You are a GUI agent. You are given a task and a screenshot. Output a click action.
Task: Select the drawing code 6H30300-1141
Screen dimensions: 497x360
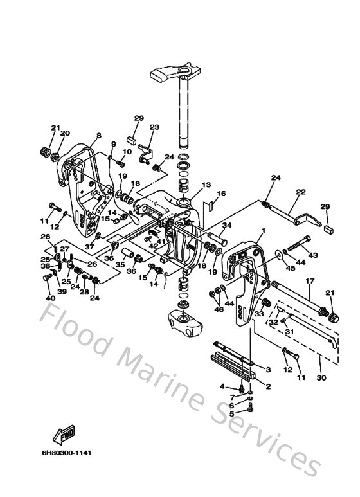point(64,453)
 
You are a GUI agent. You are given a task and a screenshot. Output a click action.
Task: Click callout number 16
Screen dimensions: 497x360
point(222,194)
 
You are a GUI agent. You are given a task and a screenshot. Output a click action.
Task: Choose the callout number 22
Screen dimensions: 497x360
point(300,192)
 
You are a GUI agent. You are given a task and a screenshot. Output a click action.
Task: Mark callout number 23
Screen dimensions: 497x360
point(154,127)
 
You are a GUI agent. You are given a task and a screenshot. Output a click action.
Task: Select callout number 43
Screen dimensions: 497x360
point(313,255)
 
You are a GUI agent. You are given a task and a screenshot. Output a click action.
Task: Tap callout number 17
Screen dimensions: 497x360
point(309,281)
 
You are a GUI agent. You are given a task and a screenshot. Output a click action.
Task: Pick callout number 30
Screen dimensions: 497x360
point(321,379)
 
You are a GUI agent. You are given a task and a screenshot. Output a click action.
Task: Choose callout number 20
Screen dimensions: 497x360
point(65,133)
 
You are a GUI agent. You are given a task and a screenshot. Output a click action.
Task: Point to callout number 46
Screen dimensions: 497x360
point(218,310)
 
